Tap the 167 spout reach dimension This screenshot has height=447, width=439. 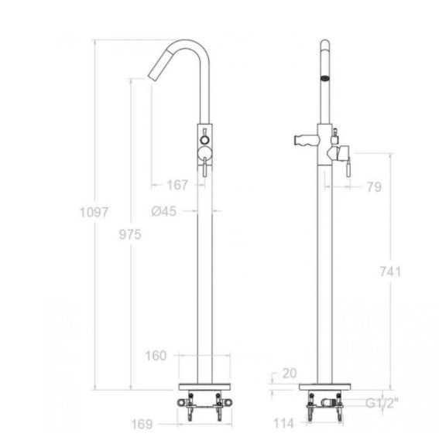click(178, 184)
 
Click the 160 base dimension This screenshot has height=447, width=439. click(157, 356)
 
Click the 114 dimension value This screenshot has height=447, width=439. click(283, 424)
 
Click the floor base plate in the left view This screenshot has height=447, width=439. click(204, 386)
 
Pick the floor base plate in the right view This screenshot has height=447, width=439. click(325, 386)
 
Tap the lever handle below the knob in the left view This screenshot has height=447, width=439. click(205, 165)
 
